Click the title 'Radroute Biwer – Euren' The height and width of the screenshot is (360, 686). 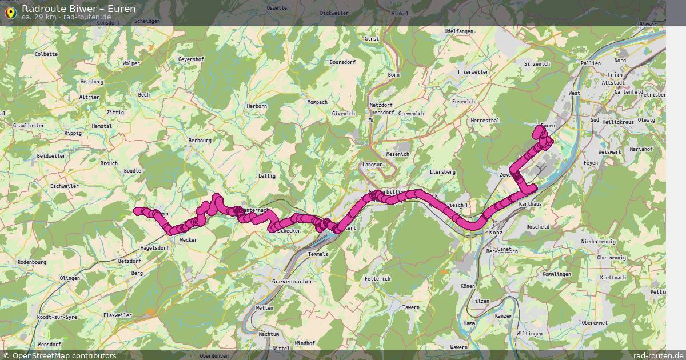tap(79, 8)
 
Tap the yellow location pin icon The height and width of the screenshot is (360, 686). tap(10, 12)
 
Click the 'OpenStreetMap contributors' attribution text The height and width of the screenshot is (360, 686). tap(64, 355)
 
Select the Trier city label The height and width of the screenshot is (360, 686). tap(615, 75)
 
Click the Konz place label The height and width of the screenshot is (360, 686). tap(495, 233)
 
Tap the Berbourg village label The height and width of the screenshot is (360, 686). tap(200, 140)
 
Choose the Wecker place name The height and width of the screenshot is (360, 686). tap(188, 240)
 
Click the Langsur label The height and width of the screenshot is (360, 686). tap(372, 165)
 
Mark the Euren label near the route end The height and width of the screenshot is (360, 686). tap(548, 125)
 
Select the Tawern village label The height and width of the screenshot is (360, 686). tap(411, 307)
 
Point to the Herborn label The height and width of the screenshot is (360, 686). tap(257, 106)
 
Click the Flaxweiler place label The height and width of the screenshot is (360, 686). tap(118, 315)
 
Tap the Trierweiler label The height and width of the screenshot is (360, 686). tap(473, 72)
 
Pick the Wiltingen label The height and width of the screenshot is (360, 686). tap(529, 334)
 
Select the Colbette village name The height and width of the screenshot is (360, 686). tap(46, 54)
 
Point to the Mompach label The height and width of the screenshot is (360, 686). tap(317, 102)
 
